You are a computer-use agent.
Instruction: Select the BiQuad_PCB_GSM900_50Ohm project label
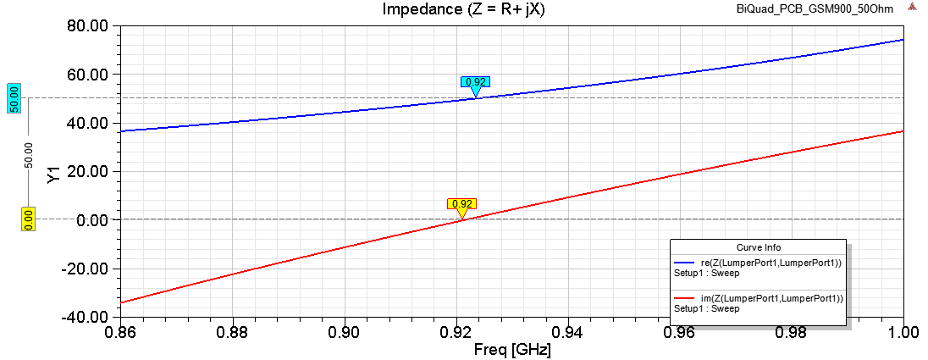coord(818,9)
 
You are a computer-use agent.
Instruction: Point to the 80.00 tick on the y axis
coord(88,26)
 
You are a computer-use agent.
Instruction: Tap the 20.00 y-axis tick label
coord(88,172)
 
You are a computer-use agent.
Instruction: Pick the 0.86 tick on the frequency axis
coord(120,330)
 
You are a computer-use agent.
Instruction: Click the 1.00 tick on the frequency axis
coord(903,330)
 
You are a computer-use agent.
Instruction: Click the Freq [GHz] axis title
coord(513,347)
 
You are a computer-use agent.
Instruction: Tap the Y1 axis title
coord(53,175)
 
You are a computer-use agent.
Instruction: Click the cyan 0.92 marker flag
coord(476,82)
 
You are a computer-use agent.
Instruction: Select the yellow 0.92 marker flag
coord(462,204)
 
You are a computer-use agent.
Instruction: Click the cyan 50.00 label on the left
coord(14,98)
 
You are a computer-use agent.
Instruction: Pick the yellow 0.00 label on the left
coord(27,219)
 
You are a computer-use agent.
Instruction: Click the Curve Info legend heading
coord(758,248)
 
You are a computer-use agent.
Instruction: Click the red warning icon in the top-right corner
coord(913,8)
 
